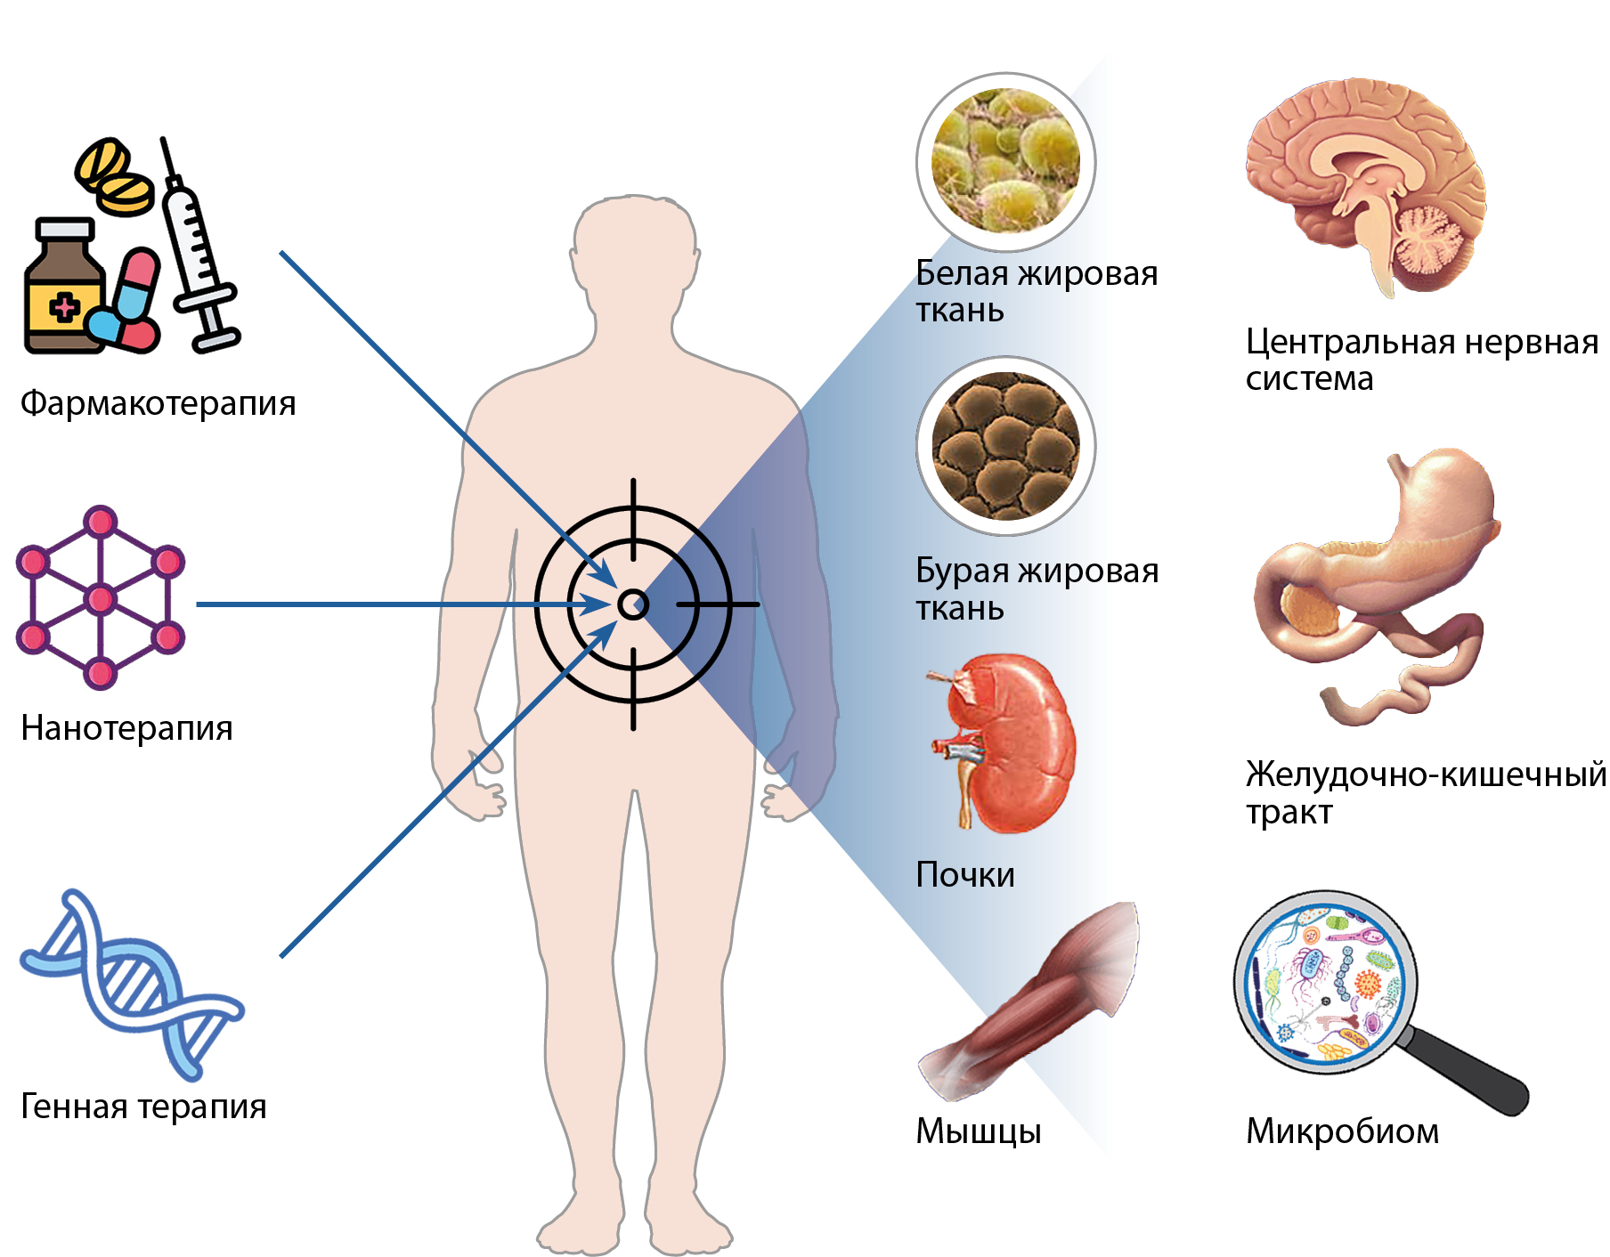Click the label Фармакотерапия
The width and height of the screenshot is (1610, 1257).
(x=158, y=403)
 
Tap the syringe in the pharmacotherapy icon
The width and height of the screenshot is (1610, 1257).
(x=198, y=249)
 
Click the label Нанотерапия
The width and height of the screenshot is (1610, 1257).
(x=126, y=728)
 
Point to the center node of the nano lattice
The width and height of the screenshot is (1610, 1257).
(x=101, y=598)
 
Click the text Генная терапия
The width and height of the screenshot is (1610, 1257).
(x=143, y=1107)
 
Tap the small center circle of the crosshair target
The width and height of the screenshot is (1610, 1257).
(x=633, y=604)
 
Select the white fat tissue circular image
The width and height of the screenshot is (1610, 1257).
(x=1005, y=161)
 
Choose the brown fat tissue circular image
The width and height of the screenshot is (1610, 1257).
(x=1005, y=446)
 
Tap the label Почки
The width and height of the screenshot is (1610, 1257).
(x=965, y=875)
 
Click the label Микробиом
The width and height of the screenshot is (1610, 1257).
(x=1342, y=1131)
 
